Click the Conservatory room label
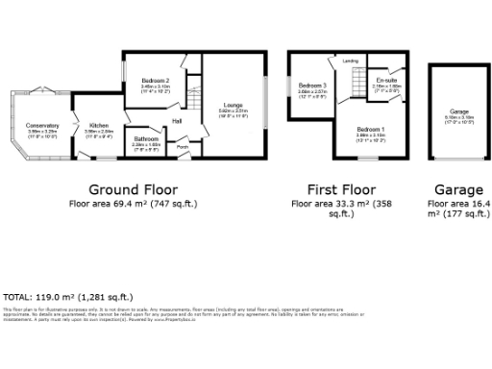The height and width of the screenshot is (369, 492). (x=42, y=125)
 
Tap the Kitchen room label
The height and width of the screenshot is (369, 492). (x=99, y=125)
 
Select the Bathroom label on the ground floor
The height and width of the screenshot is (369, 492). (x=146, y=139)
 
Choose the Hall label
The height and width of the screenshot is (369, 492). (x=178, y=121)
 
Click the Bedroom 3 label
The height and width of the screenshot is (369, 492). (x=312, y=86)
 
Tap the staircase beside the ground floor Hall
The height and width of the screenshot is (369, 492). (x=195, y=98)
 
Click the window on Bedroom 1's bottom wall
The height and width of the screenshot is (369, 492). (x=368, y=158)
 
